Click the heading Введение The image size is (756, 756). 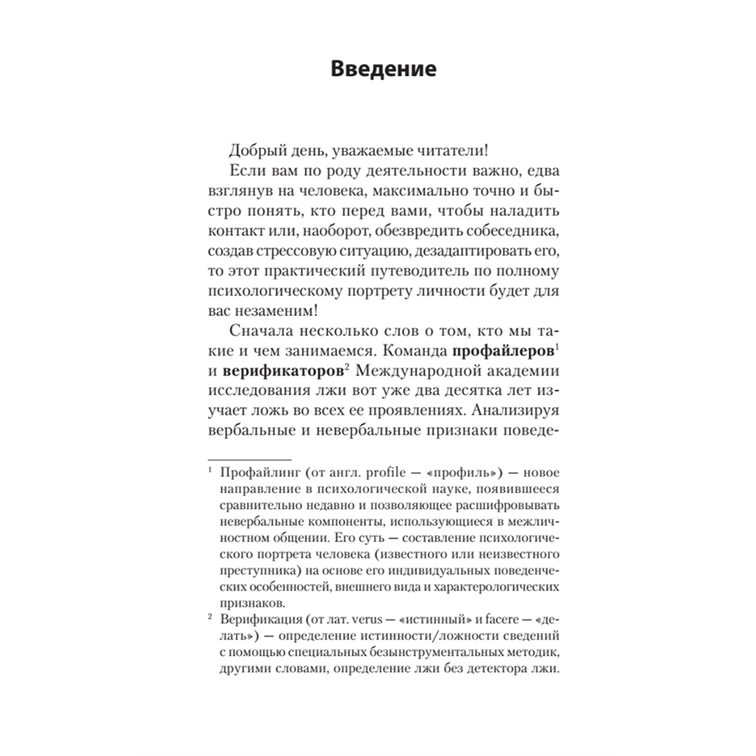pyautogui.click(x=383, y=70)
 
